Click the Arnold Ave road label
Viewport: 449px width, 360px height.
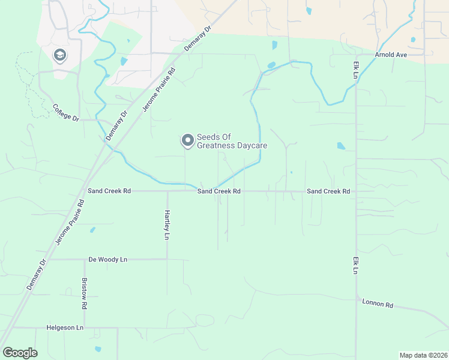tap(391, 55)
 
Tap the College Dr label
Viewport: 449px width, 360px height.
tap(66, 112)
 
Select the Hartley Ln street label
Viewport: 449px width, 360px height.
tap(167, 224)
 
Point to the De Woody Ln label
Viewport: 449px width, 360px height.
tap(108, 259)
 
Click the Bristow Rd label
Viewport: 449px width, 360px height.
tap(84, 293)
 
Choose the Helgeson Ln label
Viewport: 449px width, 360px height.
tap(65, 328)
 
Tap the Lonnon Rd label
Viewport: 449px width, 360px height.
tap(378, 304)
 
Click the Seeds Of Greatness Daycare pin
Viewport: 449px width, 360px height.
tap(188, 140)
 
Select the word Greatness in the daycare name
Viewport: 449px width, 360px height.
tap(218, 146)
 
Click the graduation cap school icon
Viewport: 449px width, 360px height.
tap(59, 56)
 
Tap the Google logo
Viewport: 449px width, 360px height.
tap(20, 352)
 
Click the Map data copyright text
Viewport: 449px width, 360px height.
tap(423, 355)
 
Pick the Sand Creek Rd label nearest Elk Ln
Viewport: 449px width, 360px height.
tap(328, 191)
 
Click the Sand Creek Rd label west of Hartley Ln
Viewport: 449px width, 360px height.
tap(109, 191)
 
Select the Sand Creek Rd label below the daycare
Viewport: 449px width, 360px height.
tap(219, 191)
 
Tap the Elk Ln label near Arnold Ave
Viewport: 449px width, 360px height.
tap(355, 69)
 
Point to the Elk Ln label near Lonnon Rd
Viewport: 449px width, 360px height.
tap(355, 263)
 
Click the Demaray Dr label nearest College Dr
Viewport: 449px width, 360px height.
tap(117, 125)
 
